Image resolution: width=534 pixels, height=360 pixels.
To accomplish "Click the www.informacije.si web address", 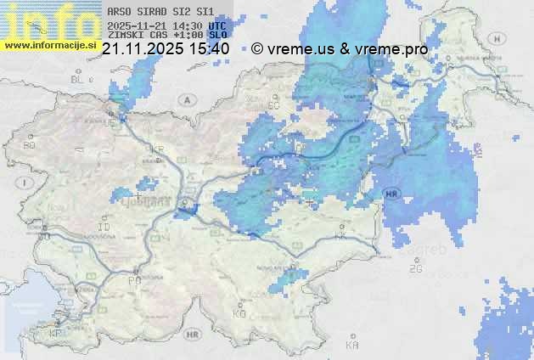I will click(49, 45).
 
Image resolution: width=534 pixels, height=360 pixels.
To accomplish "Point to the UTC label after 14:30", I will click(217, 25).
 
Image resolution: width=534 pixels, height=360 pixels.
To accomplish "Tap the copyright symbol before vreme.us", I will click(257, 48).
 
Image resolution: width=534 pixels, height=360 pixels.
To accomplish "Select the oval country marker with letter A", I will click(186, 99).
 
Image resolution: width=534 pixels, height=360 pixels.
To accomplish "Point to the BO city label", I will click(30, 145).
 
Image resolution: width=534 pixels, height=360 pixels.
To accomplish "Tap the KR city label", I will click(157, 149).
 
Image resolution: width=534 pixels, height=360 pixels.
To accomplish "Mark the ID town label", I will click(104, 228).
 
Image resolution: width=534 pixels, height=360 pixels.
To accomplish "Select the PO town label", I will click(134, 279).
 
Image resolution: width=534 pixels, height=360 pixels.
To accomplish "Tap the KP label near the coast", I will click(56, 334).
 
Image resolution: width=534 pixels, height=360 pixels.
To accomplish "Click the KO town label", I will click(239, 314).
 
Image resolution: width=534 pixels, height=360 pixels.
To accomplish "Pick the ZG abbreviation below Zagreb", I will click(415, 269).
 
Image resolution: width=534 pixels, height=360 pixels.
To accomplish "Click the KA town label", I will click(352, 346).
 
